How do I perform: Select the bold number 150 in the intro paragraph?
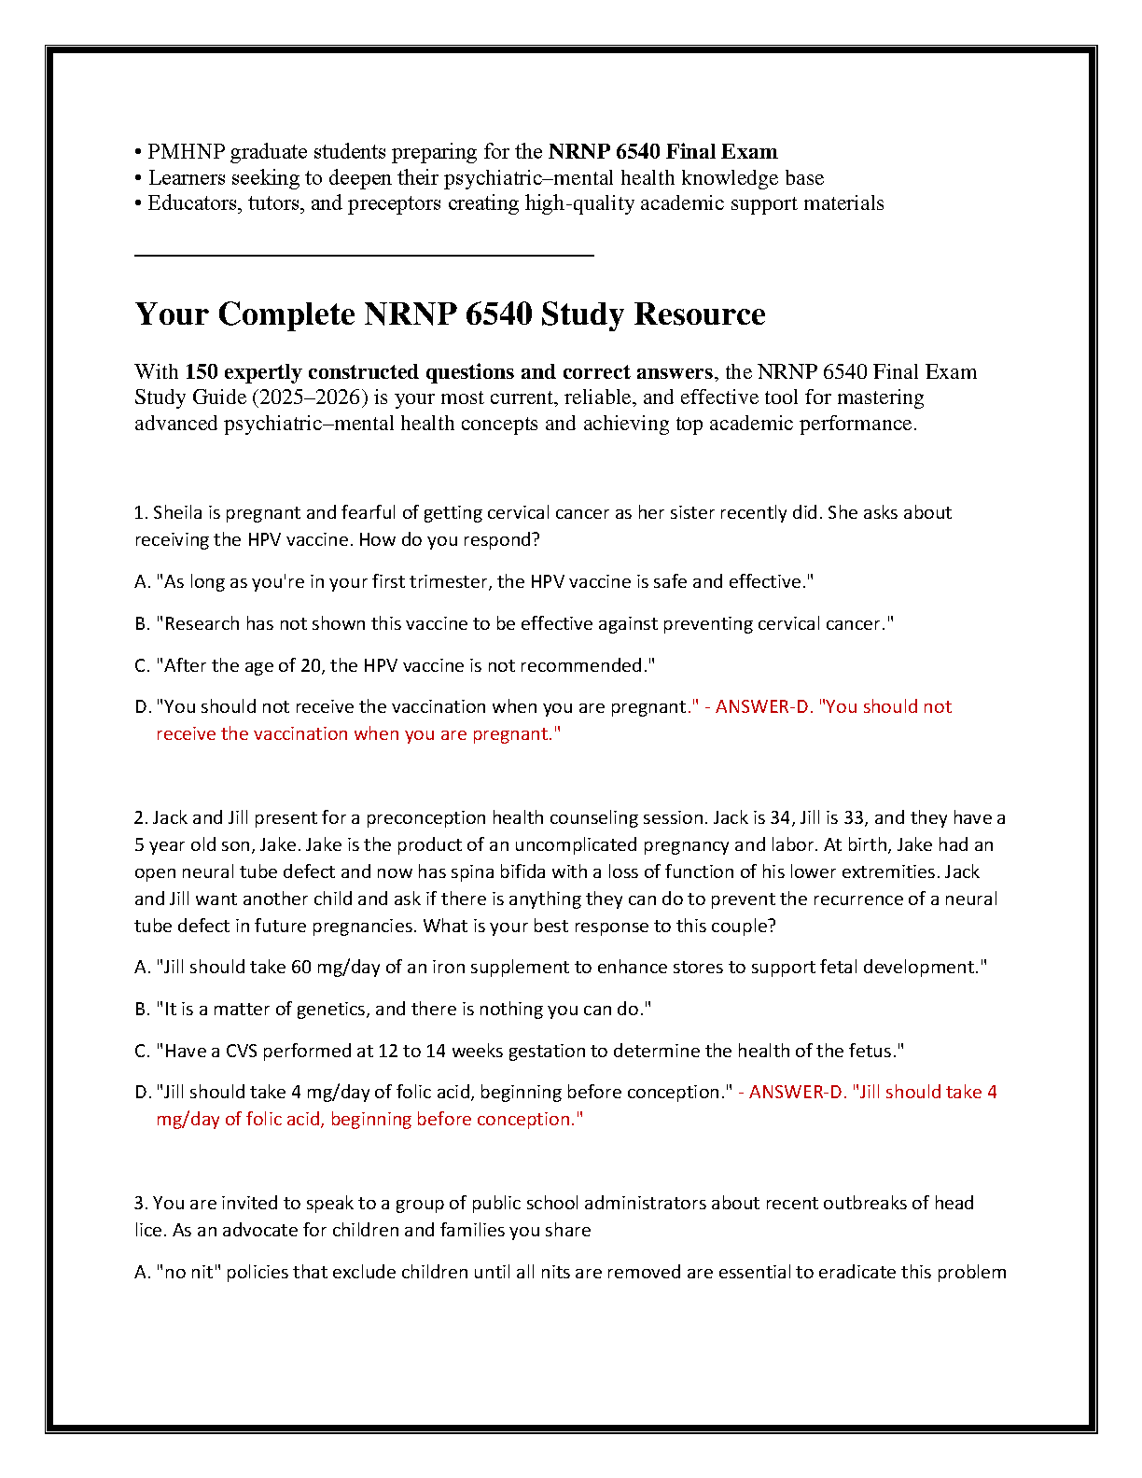[x=202, y=372]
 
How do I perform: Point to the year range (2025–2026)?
[x=309, y=397]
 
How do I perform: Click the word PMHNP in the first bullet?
[x=186, y=152]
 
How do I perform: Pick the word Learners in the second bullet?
[x=187, y=178]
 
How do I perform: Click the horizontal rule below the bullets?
[x=364, y=254]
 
